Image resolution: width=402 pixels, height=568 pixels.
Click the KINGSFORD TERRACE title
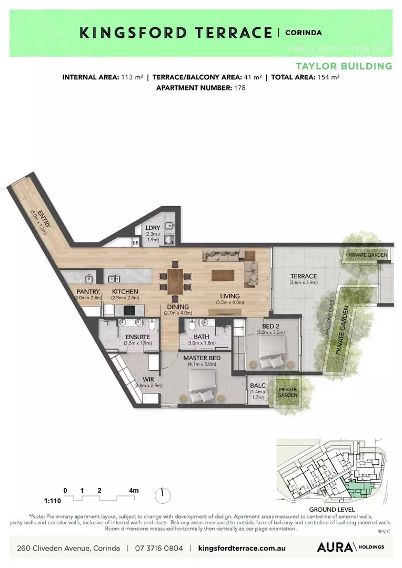(x=176, y=33)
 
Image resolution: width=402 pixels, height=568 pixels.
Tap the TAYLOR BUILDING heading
(x=344, y=66)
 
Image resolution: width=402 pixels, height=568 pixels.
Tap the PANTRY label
(x=88, y=291)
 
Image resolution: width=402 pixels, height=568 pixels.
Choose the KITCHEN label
(x=125, y=291)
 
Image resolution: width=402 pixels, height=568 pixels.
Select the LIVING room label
(x=230, y=296)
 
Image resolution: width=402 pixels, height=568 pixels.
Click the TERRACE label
(x=304, y=276)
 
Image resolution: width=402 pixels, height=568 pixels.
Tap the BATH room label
(x=202, y=337)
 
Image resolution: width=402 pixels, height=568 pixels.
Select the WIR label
(x=147, y=379)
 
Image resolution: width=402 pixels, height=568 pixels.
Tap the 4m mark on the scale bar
(x=134, y=491)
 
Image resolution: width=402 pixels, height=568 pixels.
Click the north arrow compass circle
(x=163, y=494)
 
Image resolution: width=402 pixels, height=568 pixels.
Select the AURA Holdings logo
(x=350, y=547)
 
